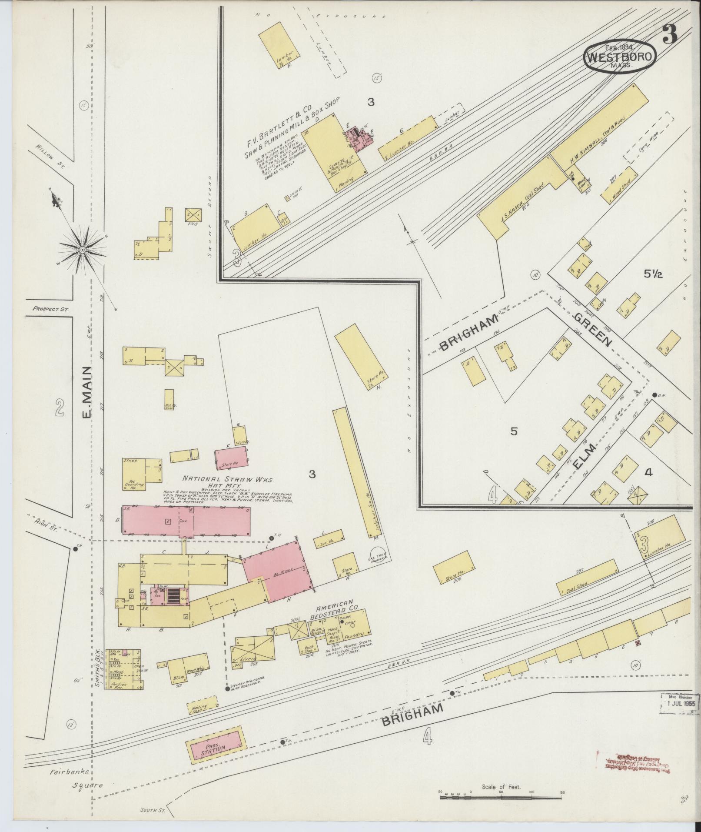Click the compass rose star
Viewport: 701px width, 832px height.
click(x=82, y=249)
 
